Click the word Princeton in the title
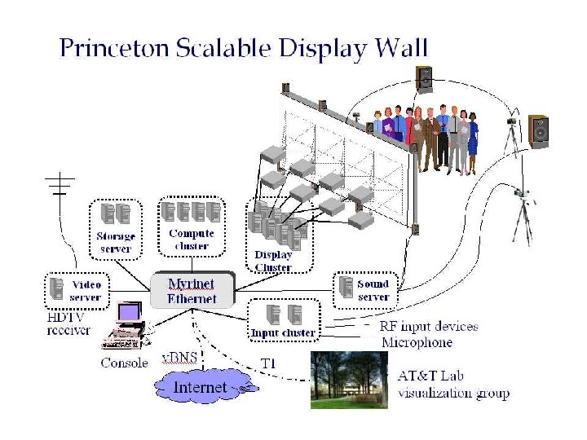click(x=113, y=48)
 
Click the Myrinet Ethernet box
click(x=192, y=291)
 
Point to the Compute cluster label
click(x=192, y=240)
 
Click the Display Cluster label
click(x=273, y=262)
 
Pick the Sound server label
click(x=373, y=291)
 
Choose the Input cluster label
click(x=283, y=332)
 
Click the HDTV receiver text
click(x=69, y=324)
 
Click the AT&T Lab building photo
click(x=349, y=380)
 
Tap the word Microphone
click(x=416, y=342)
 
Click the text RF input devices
click(x=429, y=327)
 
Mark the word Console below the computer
click(x=125, y=363)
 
